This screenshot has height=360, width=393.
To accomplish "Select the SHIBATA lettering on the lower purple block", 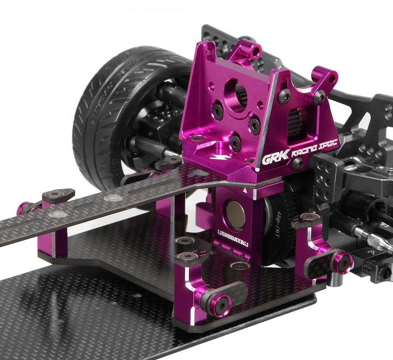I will pyautogui.click(x=233, y=242).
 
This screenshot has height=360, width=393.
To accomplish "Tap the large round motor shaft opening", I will pyautogui.click(x=235, y=94).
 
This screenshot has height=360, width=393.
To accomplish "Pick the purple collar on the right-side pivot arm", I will pyautogui.click(x=342, y=262).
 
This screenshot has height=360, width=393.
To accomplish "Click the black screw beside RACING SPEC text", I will pyautogui.click(x=298, y=163).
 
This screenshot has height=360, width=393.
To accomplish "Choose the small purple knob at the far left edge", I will pyautogui.click(x=23, y=208).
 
